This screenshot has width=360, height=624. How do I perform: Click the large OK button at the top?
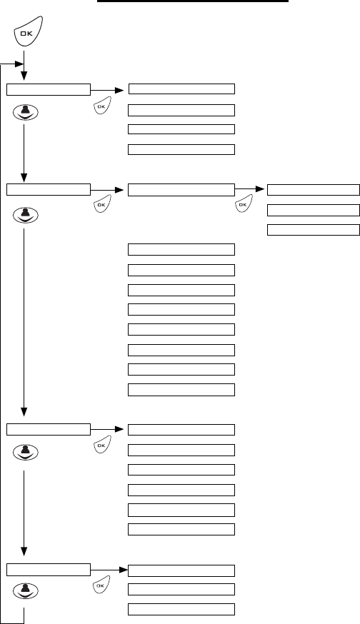pyautogui.click(x=28, y=32)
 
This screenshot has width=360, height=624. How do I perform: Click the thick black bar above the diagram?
pyautogui.click(x=193, y=1)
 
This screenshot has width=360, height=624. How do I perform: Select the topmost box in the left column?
pyautogui.click(x=49, y=89)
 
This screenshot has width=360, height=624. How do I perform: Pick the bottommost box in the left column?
pyautogui.click(x=49, y=570)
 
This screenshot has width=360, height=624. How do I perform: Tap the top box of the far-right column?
pyautogui.click(x=314, y=190)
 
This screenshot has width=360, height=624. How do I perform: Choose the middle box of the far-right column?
pyautogui.click(x=314, y=210)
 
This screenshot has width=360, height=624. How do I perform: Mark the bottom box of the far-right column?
pyautogui.click(x=314, y=230)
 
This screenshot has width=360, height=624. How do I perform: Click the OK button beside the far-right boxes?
pyautogui.click(x=244, y=203)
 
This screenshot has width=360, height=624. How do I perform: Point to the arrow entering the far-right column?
pyautogui.click(x=250, y=189)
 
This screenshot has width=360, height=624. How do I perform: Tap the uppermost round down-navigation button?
pyautogui.click(x=26, y=112)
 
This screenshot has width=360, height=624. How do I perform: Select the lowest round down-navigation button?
pyautogui.click(x=26, y=591)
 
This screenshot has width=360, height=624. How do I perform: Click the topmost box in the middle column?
pyautogui.click(x=181, y=89)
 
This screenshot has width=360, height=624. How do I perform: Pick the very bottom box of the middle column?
pyautogui.click(x=181, y=609)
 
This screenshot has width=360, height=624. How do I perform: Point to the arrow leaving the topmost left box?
pyautogui.click(x=107, y=91)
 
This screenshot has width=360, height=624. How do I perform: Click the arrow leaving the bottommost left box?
pyautogui.click(x=109, y=570)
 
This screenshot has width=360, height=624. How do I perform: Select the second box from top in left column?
pyautogui.click(x=49, y=189)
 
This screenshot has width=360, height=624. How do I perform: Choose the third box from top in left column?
pyautogui.click(x=49, y=429)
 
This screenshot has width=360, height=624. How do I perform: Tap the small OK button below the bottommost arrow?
pyautogui.click(x=101, y=585)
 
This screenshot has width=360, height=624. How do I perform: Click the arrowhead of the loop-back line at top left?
pyautogui.click(x=19, y=64)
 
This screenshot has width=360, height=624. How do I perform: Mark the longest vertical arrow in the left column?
pyautogui.click(x=24, y=322)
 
